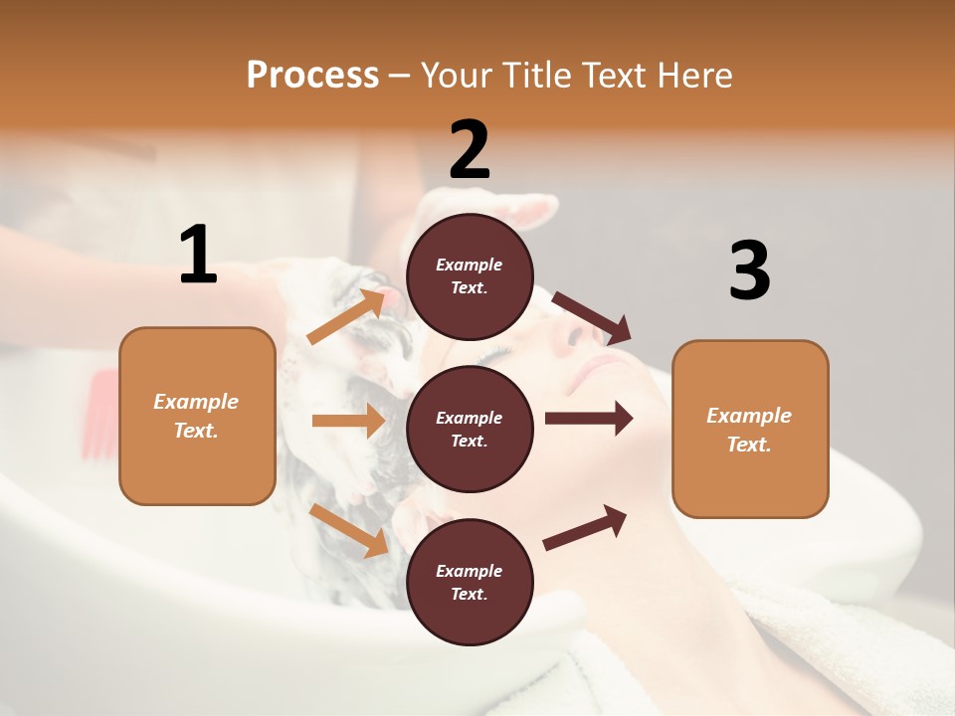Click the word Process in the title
click(312, 75)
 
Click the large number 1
click(198, 256)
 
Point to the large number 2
click(470, 150)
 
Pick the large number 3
click(749, 270)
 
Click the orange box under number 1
click(197, 416)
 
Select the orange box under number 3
click(750, 429)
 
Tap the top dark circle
click(470, 275)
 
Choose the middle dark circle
click(470, 429)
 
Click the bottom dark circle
click(470, 582)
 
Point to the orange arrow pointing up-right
click(345, 316)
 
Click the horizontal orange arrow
click(348, 421)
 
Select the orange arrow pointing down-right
click(348, 530)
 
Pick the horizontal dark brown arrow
click(588, 419)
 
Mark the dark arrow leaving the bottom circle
click(585, 527)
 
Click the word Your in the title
click(456, 75)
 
